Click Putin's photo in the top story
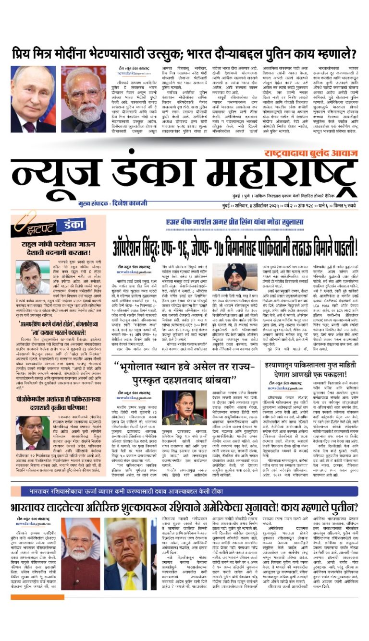[33, 99]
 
